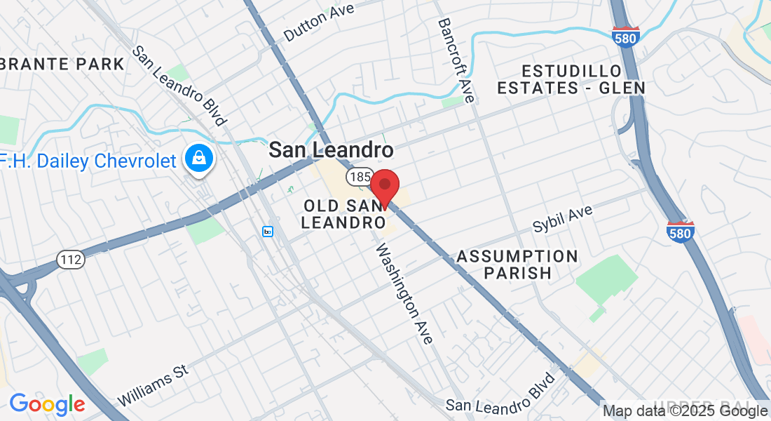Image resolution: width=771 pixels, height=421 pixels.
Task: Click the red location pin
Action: [x=384, y=187]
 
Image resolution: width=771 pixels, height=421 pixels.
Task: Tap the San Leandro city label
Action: [x=331, y=149]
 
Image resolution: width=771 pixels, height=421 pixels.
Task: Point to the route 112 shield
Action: [x=71, y=259]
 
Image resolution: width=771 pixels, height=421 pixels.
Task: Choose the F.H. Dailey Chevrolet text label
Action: [x=88, y=161]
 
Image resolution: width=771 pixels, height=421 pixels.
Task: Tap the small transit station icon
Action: [x=268, y=231]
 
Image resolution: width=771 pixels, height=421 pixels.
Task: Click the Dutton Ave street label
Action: [x=319, y=21]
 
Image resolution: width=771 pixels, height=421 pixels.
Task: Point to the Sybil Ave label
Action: [x=562, y=220]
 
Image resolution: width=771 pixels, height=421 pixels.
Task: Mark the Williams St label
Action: [x=153, y=385]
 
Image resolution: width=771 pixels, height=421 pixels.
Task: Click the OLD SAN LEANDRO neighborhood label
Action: [x=343, y=214]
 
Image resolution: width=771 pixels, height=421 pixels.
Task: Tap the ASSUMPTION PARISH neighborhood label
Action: [x=517, y=265]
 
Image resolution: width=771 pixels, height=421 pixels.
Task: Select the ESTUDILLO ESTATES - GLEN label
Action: [x=571, y=79]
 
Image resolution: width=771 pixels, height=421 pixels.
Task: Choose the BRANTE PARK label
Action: [x=63, y=64]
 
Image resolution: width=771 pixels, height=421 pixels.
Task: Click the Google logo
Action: [x=46, y=404]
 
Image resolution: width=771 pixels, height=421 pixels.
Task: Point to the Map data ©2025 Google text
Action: [x=685, y=411]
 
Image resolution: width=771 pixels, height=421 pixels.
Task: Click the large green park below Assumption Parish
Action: [x=607, y=283]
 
